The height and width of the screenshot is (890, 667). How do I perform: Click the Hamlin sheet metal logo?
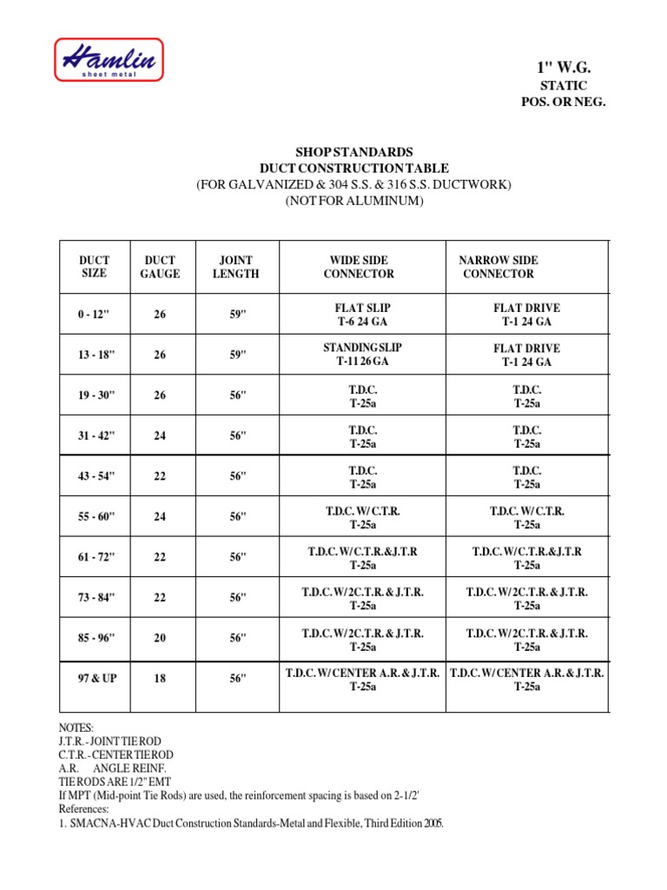click(x=109, y=60)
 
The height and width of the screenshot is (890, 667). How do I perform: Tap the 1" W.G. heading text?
click(x=563, y=68)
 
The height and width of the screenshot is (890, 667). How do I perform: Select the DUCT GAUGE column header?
click(x=160, y=267)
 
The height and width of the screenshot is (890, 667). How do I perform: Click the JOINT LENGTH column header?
click(x=235, y=267)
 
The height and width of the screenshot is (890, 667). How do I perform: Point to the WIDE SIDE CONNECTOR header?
click(x=359, y=267)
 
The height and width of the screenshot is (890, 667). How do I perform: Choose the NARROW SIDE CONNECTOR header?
click(x=499, y=267)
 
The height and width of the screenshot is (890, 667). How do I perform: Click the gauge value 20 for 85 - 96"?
click(x=160, y=638)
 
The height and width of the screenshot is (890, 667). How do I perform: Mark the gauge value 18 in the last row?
click(x=160, y=679)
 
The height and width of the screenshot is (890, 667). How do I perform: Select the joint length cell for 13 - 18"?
click(x=237, y=355)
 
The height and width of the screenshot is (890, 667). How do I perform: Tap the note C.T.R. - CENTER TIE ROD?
click(x=116, y=754)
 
